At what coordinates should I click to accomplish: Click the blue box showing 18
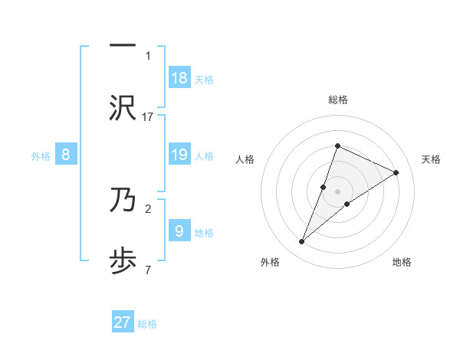179,77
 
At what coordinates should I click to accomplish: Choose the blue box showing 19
179,155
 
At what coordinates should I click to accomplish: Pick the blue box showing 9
179,231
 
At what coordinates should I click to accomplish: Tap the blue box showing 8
66,155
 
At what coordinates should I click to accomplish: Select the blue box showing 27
123,322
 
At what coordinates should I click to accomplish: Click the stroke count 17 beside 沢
148,116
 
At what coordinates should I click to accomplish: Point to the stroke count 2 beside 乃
148,208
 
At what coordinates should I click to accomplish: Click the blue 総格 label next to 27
147,324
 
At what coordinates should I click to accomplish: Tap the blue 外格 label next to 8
41,156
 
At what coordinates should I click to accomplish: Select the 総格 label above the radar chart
337,100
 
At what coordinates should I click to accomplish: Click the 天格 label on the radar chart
432,159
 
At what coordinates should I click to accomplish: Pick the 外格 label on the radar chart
270,262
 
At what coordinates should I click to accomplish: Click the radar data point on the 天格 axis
396,172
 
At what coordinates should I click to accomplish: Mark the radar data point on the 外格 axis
301,242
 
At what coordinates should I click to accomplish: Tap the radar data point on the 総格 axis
337,146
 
